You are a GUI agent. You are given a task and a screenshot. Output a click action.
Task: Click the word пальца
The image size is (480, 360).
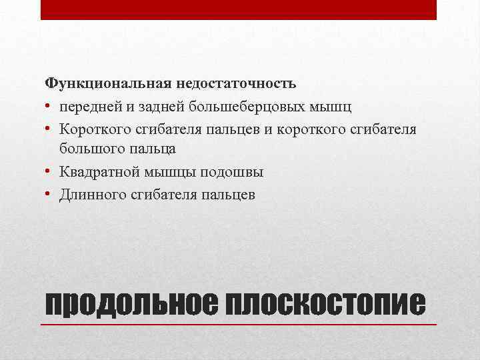[x=151, y=150]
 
